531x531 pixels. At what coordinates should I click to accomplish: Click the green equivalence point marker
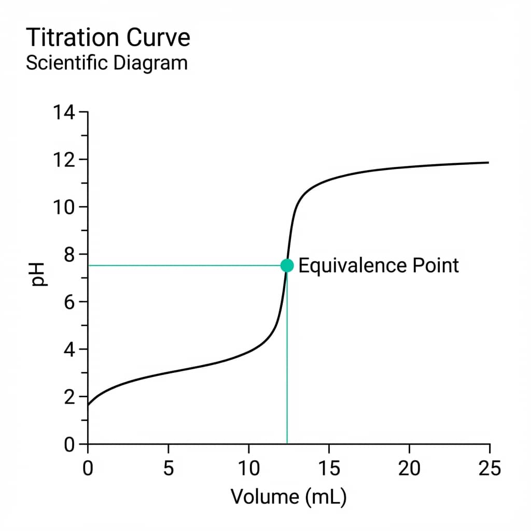point(287,265)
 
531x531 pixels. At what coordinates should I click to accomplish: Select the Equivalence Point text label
point(379,265)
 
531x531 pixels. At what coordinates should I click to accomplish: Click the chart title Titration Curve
point(108,38)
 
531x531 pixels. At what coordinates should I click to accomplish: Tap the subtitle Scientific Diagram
point(106,63)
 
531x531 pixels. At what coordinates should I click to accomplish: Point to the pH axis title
point(38,275)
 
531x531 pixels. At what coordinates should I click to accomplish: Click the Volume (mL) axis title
point(288,497)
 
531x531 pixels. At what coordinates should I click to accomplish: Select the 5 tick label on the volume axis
point(168,469)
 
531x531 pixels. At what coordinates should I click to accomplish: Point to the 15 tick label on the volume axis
point(329,469)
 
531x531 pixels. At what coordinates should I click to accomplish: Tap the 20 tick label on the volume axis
point(409,469)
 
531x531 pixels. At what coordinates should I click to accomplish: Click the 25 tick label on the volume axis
point(490,469)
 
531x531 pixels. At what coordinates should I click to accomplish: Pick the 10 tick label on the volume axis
point(248,469)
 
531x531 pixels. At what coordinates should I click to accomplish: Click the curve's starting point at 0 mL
point(88,406)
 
